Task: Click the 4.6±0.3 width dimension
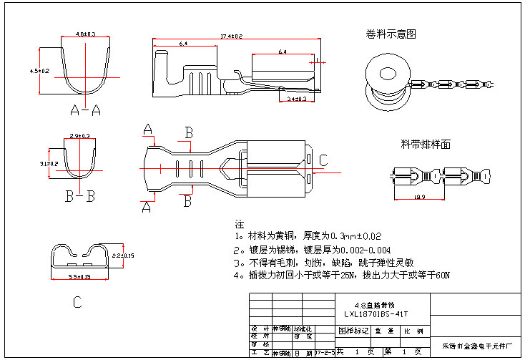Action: (86, 34)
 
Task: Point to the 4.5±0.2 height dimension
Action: (39, 71)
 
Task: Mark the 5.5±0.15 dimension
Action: (79, 276)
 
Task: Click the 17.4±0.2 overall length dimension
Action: (231, 36)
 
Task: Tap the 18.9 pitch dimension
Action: (419, 197)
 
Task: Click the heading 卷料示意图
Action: (391, 34)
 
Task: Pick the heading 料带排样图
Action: (425, 145)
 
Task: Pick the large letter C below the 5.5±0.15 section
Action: (77, 303)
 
